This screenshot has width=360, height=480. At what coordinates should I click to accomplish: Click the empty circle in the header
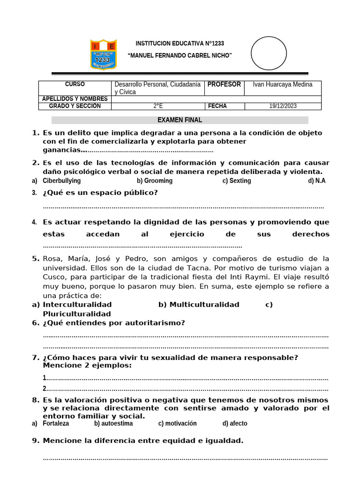click(x=269, y=53)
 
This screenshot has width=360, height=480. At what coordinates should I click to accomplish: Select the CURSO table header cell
click(x=75, y=84)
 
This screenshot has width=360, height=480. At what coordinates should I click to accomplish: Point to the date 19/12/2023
click(x=283, y=106)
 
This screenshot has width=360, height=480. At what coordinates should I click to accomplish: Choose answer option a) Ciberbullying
click(x=61, y=181)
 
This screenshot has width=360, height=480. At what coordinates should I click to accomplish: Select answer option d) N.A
click(x=316, y=181)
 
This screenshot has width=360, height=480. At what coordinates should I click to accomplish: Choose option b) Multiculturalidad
click(x=199, y=305)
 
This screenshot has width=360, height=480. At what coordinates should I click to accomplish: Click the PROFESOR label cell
click(x=224, y=84)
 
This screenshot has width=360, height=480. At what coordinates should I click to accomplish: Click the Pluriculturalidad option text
click(x=77, y=314)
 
